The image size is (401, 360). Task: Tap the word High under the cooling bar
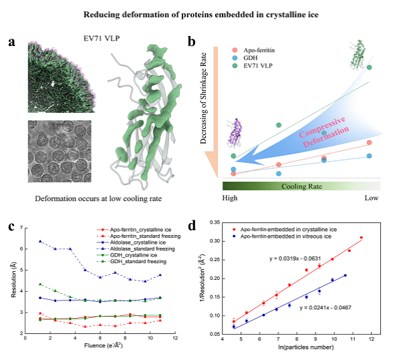click(x=231, y=198)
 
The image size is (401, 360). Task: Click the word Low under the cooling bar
click(x=372, y=198)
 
